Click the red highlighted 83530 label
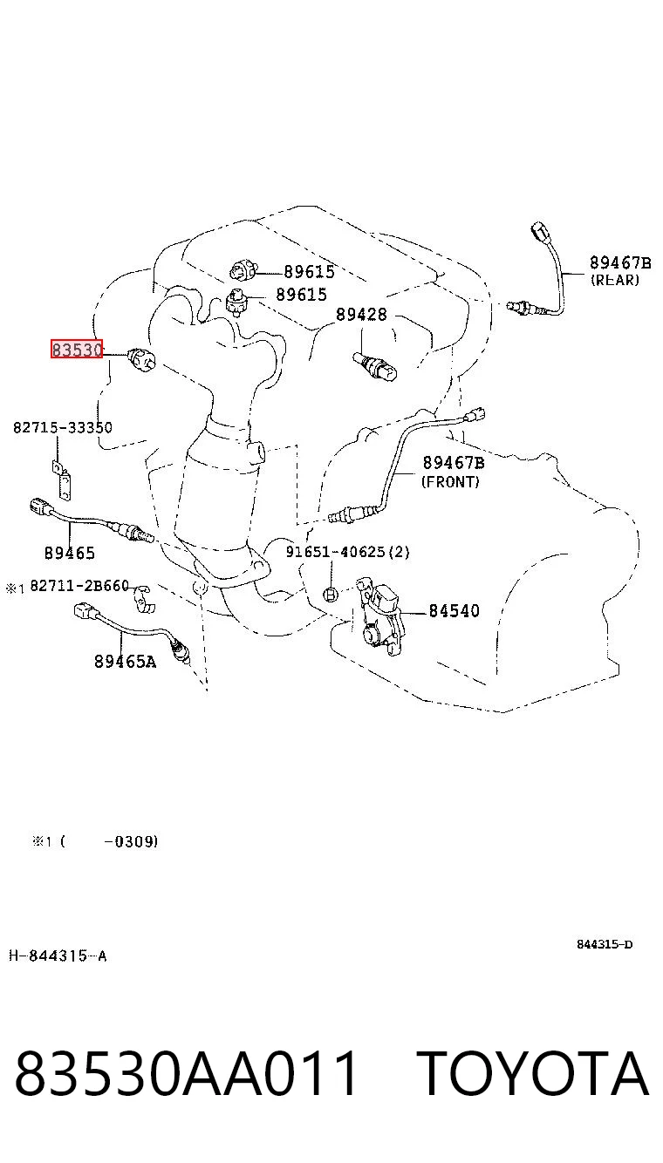[x=77, y=349]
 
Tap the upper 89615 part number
[x=309, y=271]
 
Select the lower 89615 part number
[x=301, y=295]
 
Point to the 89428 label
[x=362, y=314]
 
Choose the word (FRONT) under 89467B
[x=450, y=481]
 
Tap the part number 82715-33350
[x=62, y=427]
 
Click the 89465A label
[x=125, y=661]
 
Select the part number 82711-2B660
[x=79, y=586]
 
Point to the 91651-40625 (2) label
[x=347, y=551]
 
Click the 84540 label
[x=454, y=610]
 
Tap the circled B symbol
[x=331, y=594]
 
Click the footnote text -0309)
[x=131, y=841]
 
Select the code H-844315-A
[x=58, y=956]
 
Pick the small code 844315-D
[x=605, y=944]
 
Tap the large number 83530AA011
[x=186, y=1073]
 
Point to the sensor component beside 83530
[x=141, y=358]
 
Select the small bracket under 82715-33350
[x=62, y=480]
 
